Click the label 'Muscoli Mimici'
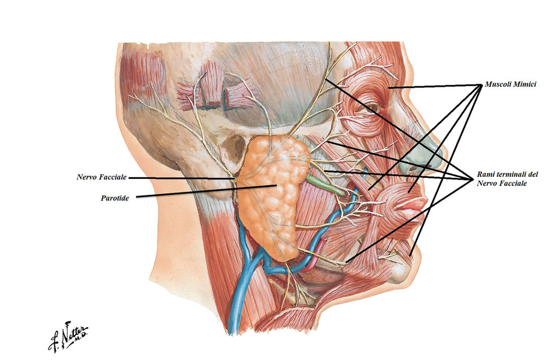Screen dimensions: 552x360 (510, 85)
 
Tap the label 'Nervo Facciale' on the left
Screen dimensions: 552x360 (101, 177)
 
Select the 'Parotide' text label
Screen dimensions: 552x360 (114, 198)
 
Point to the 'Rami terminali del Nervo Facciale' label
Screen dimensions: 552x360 (507, 179)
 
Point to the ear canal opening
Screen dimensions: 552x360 (234, 148)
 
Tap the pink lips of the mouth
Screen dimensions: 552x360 (412, 207)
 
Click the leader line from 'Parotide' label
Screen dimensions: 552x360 (205, 191)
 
